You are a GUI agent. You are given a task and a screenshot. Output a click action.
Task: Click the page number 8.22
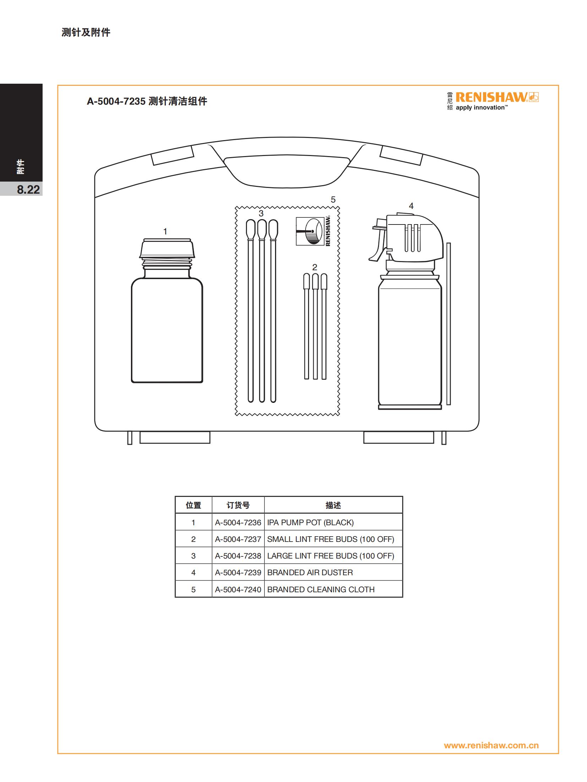[x=28, y=189]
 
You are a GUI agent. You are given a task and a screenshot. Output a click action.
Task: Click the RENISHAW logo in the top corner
[x=493, y=101]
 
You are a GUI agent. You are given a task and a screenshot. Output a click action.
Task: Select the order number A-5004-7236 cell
[x=238, y=522]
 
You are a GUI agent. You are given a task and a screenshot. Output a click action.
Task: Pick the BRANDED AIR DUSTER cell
[x=333, y=572]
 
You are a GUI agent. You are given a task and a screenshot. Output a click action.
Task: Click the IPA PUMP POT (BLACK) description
[x=310, y=522]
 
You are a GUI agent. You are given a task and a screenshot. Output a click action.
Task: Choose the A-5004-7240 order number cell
[x=238, y=589]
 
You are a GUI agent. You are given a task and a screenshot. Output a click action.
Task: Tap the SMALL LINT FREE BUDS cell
[x=333, y=539]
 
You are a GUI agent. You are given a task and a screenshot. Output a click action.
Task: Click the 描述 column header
[x=333, y=505]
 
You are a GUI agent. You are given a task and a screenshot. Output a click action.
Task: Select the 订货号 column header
[x=238, y=505]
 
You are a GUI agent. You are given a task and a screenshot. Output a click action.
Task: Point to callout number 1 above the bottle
[x=165, y=232]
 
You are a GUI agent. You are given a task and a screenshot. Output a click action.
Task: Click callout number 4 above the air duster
[x=411, y=206]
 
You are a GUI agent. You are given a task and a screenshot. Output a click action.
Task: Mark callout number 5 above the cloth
[x=333, y=200]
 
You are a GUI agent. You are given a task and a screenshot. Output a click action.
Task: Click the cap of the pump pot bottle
[x=167, y=248]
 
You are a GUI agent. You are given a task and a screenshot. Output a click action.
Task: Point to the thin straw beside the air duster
[x=449, y=323]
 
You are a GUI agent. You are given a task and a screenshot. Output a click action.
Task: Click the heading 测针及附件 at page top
[x=86, y=32]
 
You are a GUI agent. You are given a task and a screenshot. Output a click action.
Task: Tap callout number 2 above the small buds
[x=314, y=267]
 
